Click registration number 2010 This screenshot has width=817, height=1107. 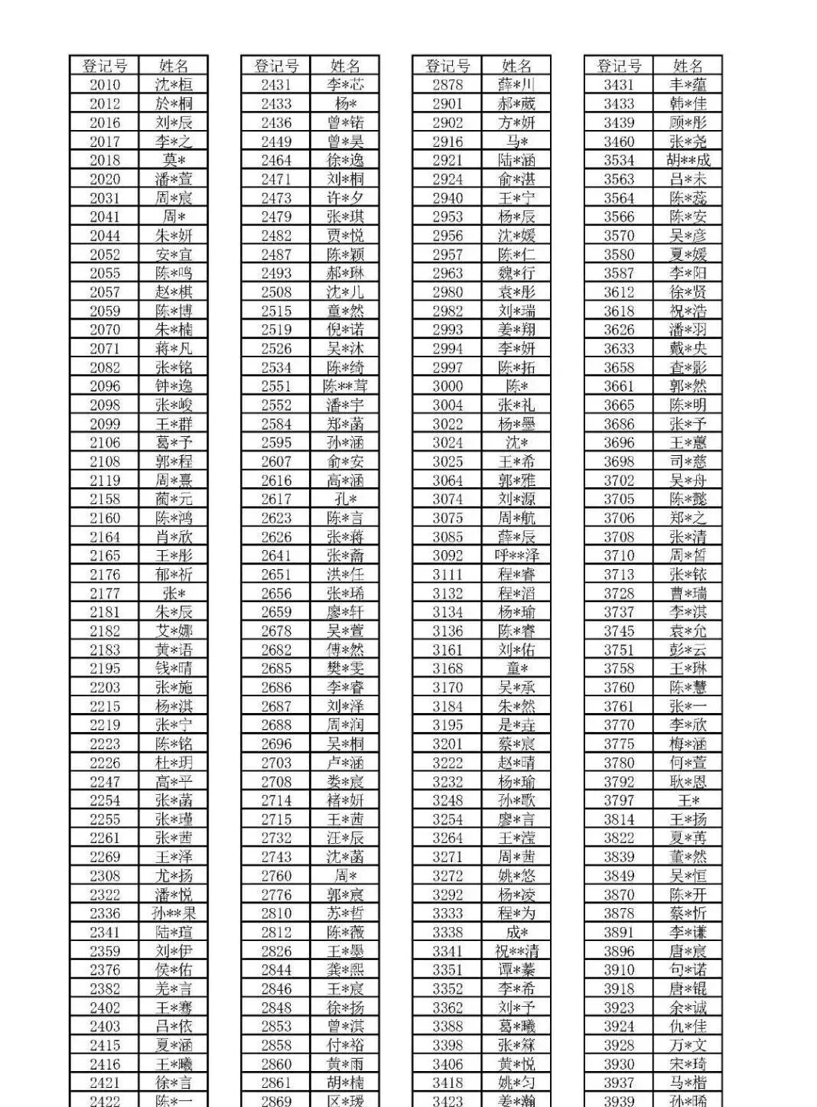pyautogui.click(x=105, y=85)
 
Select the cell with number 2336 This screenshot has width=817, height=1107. pyautogui.click(x=105, y=913)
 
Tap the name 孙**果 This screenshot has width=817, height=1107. pyautogui.click(x=174, y=913)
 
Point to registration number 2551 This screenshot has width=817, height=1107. pyautogui.click(x=276, y=386)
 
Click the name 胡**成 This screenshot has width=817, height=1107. pyautogui.click(x=688, y=160)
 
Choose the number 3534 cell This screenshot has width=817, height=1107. pyautogui.click(x=619, y=160)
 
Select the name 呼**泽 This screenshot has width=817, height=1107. pyautogui.click(x=516, y=555)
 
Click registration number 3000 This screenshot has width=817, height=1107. pyautogui.click(x=448, y=386)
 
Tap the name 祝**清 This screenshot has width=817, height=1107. pyautogui.click(x=516, y=951)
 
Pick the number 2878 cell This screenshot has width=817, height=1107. pyautogui.click(x=448, y=85)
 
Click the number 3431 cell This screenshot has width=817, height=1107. pyautogui.click(x=619, y=85)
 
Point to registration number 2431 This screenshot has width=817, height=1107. pyautogui.click(x=276, y=85)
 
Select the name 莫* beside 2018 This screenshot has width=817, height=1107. pyautogui.click(x=174, y=160)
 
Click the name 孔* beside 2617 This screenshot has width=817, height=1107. pyautogui.click(x=345, y=499)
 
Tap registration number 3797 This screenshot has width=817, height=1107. pyautogui.click(x=619, y=800)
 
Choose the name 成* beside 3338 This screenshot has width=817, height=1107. pyautogui.click(x=516, y=932)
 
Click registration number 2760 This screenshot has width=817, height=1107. pyautogui.click(x=276, y=875)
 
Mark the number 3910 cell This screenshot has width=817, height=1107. pyautogui.click(x=619, y=970)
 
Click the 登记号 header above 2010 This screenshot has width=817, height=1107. pyautogui.click(x=105, y=66)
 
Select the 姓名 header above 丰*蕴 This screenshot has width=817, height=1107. pyautogui.click(x=688, y=66)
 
